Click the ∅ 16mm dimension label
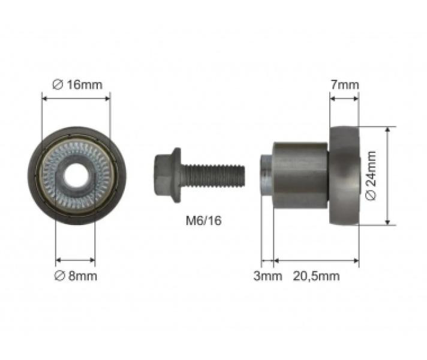point(77,85)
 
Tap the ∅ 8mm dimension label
point(76,276)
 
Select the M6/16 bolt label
point(204,220)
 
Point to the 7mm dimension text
point(345,85)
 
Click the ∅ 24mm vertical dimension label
point(371,176)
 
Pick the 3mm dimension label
point(267,276)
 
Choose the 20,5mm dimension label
point(317,276)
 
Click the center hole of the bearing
point(76,176)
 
